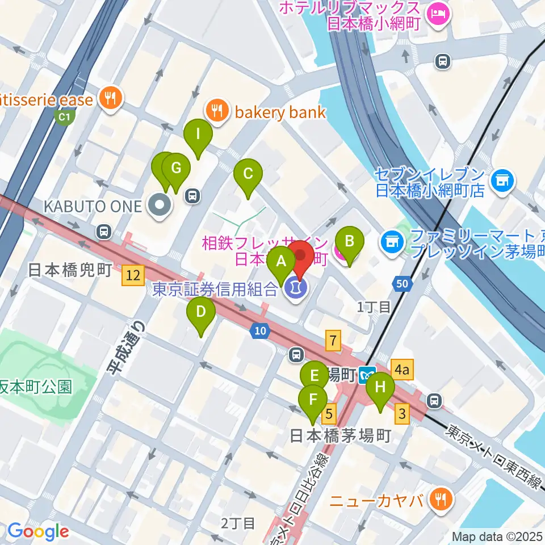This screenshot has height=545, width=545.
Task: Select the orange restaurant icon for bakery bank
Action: (x=217, y=110)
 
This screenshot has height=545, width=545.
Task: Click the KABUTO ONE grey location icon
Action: (x=159, y=206)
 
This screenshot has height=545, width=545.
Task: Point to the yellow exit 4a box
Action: (x=402, y=371)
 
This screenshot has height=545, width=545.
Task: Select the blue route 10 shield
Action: (x=260, y=332)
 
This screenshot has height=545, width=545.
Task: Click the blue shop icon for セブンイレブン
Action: (x=502, y=181)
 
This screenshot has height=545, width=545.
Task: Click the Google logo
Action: (x=38, y=531)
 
